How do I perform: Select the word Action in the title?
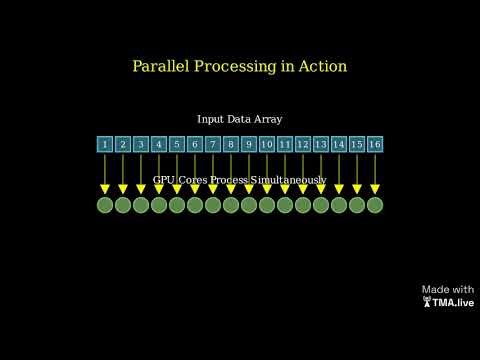[x=321, y=67]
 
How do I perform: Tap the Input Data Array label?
[x=240, y=119]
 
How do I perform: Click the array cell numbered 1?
[x=105, y=144]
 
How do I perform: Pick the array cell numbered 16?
[x=375, y=144]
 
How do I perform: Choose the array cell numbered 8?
[x=231, y=144]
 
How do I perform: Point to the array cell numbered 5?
[x=177, y=144]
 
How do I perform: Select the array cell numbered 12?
[x=303, y=144]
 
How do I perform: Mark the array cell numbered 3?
[x=141, y=144]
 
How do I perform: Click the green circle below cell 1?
[x=105, y=205]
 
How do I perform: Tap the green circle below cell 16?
[x=375, y=205]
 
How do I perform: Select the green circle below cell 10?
[x=267, y=205]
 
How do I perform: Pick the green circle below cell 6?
[x=195, y=205]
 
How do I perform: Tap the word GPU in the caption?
[x=164, y=180]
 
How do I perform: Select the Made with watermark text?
[x=448, y=289]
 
